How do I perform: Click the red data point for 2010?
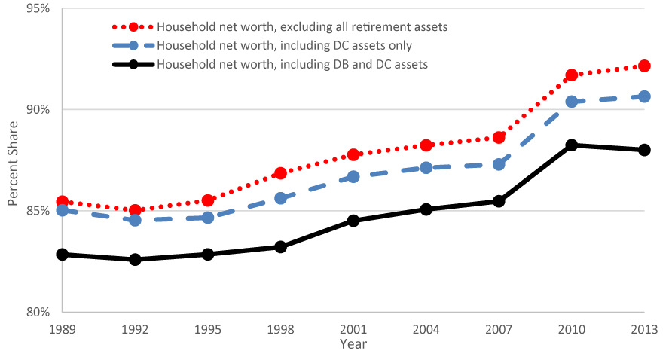[571, 75]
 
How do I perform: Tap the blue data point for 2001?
[353, 176]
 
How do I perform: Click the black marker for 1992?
[135, 259]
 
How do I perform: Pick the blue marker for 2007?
[499, 164]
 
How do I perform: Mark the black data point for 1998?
[280, 246]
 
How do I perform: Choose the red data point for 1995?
[208, 200]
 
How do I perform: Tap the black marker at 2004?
[426, 209]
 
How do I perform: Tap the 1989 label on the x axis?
[62, 329]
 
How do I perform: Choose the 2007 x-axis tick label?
[499, 329]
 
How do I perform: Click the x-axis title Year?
[353, 343]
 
